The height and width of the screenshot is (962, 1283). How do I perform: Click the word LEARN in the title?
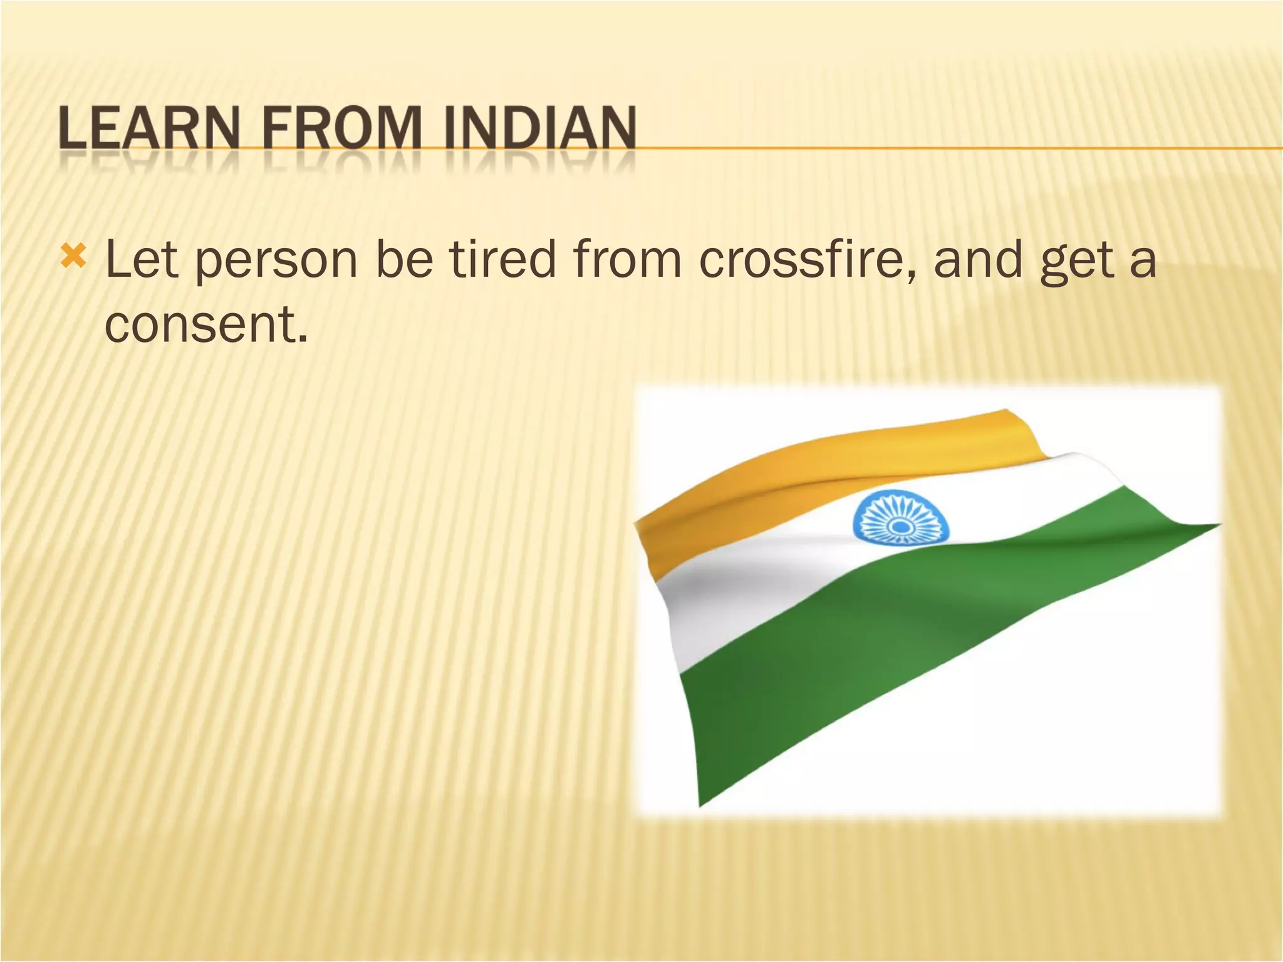(x=148, y=129)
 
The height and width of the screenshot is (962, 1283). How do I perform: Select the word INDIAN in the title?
(x=540, y=129)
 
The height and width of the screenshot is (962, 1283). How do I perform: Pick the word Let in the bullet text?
(x=142, y=259)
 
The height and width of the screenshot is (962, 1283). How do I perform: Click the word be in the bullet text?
(x=404, y=259)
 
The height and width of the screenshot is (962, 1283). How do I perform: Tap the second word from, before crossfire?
(x=627, y=259)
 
